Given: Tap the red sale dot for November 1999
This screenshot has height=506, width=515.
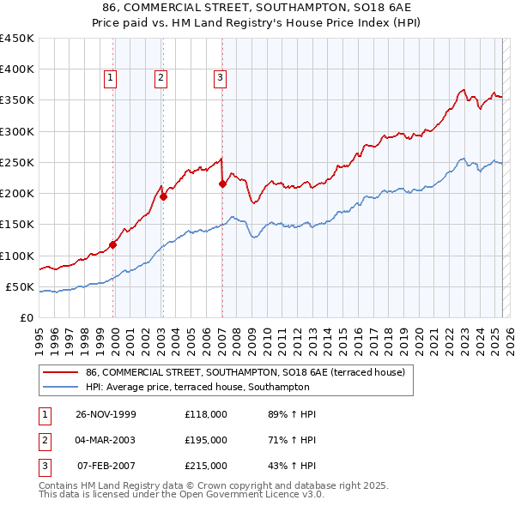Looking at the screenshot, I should [113, 244].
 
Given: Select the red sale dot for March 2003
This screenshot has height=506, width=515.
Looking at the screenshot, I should [163, 196].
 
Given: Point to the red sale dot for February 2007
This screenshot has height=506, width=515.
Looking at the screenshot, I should [222, 184].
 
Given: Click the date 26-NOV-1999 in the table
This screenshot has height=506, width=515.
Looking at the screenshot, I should [106, 414].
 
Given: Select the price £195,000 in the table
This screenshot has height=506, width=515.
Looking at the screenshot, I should [206, 440].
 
